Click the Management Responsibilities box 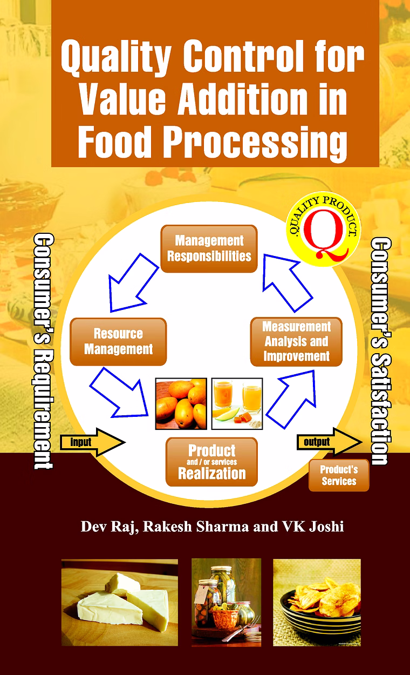coord(209,248)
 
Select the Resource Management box coord(118,341)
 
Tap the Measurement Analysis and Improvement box coord(296,342)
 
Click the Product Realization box coord(211,462)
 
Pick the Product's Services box coord(339,475)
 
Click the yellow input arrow coord(92,442)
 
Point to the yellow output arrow coord(329,442)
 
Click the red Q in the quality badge coord(325,234)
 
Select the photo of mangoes coord(181,403)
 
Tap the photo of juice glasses coord(237,403)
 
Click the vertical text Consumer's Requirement coord(43,352)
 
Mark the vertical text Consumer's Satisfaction coord(381,351)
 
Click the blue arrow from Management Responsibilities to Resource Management coord(134,282)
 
